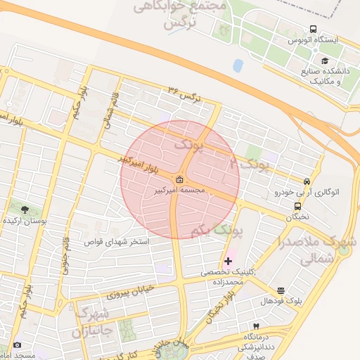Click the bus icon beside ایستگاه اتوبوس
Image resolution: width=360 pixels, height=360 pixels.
(x=312, y=30)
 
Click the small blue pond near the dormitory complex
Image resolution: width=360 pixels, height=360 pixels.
(x=238, y=66)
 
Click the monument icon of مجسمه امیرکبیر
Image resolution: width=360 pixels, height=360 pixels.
(x=181, y=179)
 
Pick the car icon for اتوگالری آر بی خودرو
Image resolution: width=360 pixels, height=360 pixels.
(x=307, y=181)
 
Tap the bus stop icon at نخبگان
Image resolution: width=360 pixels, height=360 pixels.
(x=298, y=207)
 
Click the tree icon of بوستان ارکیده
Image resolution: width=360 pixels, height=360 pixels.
(x=25, y=209)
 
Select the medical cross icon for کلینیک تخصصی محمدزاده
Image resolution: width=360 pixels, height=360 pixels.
(x=228, y=261)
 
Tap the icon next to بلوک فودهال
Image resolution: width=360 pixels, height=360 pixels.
(x=281, y=290)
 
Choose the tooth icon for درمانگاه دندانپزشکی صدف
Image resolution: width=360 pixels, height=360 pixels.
(x=256, y=326)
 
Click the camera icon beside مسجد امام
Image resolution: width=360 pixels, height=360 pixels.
(x=17, y=345)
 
